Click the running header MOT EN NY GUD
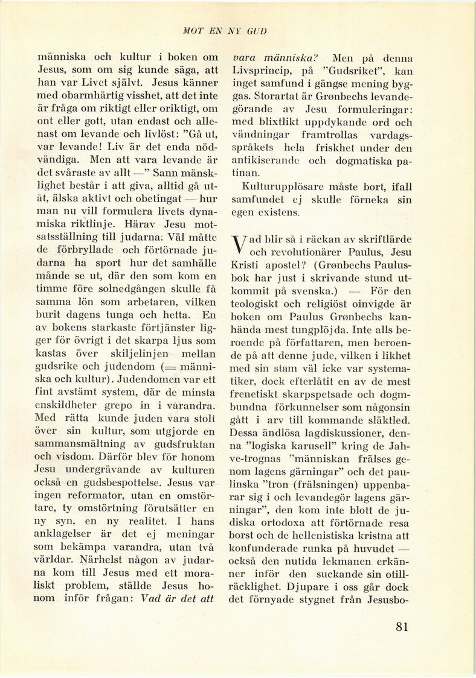pos(237,31)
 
